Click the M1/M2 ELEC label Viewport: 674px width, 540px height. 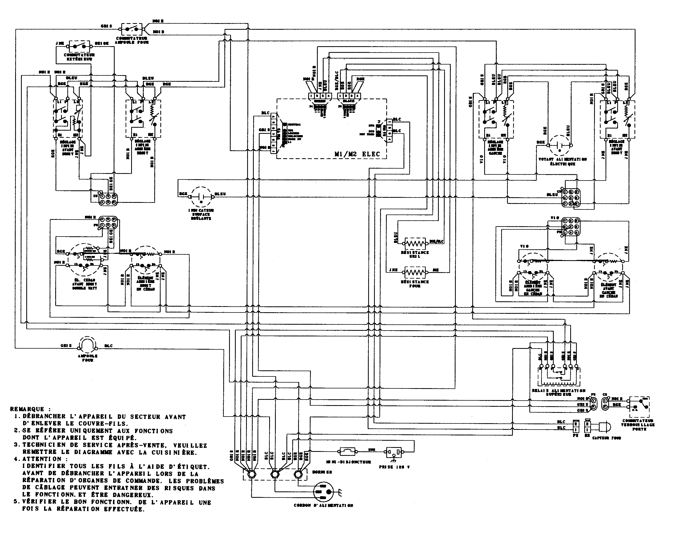click(x=357, y=154)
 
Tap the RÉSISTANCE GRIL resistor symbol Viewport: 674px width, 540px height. click(x=415, y=243)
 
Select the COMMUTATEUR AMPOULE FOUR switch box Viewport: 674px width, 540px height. click(x=132, y=29)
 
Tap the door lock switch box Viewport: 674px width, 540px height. click(x=639, y=407)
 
